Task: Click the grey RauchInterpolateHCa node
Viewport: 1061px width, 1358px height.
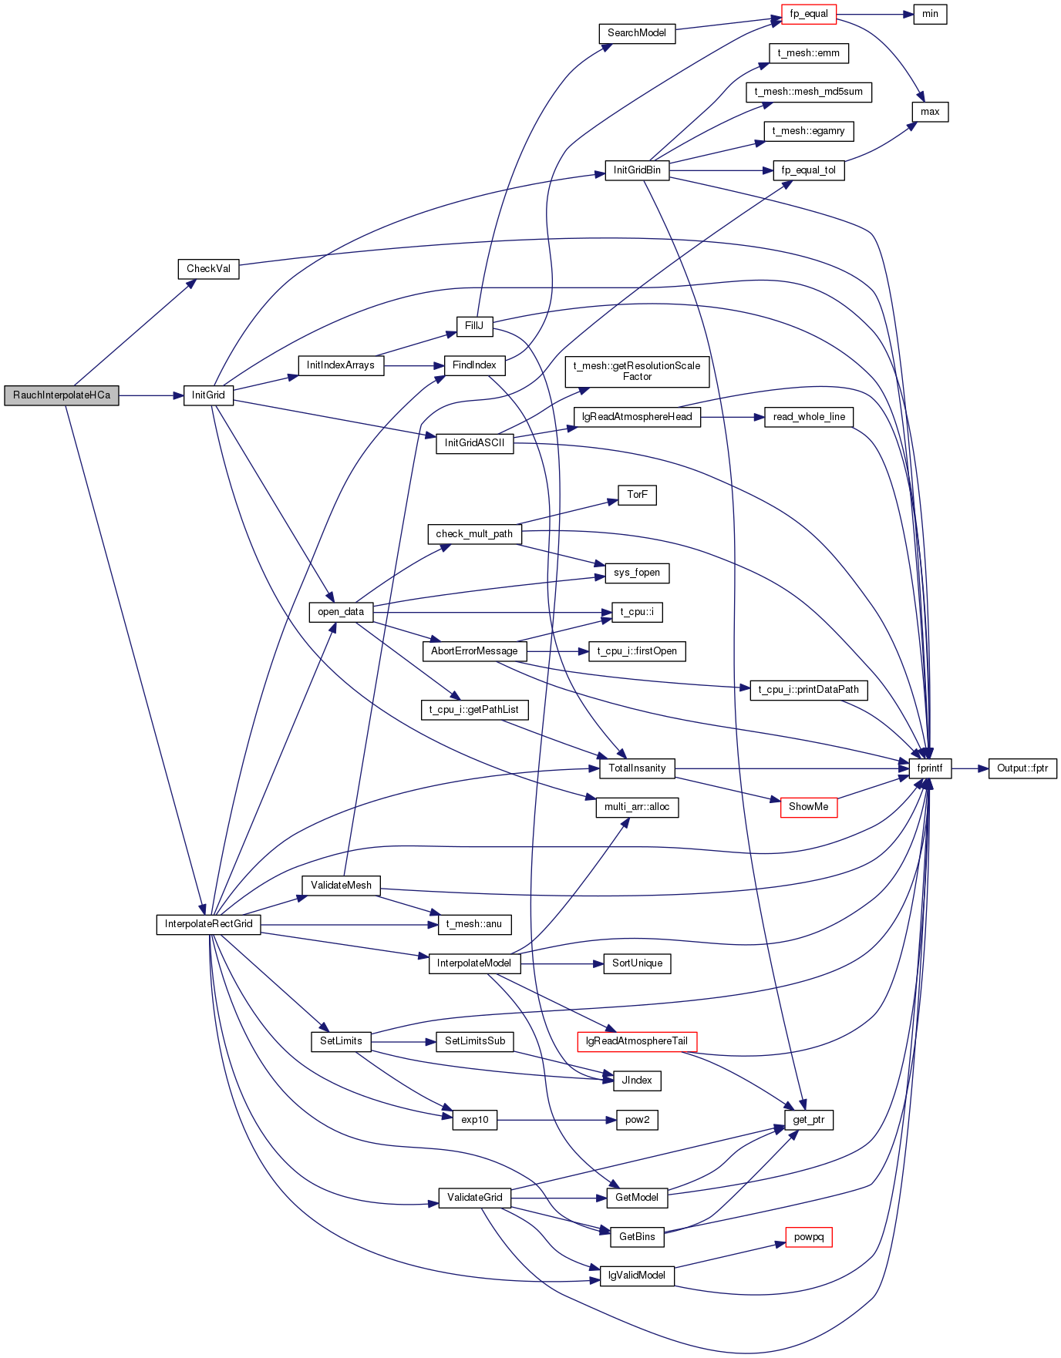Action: click(62, 395)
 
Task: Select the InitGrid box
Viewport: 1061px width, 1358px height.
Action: click(208, 395)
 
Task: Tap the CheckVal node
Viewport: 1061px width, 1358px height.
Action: click(208, 269)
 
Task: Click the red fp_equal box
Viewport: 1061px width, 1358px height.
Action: click(808, 14)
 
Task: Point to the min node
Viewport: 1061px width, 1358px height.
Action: click(930, 14)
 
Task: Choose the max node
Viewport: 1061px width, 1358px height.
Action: click(930, 112)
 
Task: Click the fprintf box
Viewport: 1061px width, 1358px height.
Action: click(930, 768)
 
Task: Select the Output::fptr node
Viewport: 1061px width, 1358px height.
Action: click(1022, 768)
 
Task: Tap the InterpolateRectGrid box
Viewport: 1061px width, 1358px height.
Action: click(208, 924)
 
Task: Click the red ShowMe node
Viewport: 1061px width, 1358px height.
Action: click(808, 807)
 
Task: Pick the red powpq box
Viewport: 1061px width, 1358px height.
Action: click(809, 1237)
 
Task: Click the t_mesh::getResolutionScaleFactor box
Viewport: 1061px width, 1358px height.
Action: click(637, 371)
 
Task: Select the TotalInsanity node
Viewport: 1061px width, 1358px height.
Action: click(637, 768)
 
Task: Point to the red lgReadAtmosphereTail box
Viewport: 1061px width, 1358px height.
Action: click(637, 1041)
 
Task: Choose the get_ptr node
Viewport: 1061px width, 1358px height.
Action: click(808, 1120)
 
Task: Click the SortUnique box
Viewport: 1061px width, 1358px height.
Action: click(637, 963)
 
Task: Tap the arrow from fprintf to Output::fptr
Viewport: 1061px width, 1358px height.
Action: click(969, 768)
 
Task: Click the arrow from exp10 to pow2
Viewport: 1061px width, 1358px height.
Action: click(556, 1120)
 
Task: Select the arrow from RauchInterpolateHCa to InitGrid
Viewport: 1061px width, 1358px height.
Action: click(151, 395)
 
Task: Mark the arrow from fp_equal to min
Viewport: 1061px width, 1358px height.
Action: click(874, 14)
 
